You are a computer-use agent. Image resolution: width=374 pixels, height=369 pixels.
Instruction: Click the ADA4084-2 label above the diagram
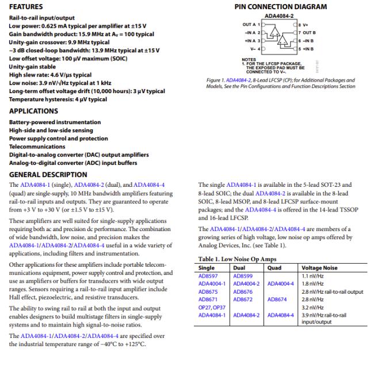pyautogui.click(x=278, y=17)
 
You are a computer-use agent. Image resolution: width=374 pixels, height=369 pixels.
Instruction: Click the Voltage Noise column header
pyautogui.click(x=320, y=267)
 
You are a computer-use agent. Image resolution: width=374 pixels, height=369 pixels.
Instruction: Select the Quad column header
pyautogui.click(x=275, y=267)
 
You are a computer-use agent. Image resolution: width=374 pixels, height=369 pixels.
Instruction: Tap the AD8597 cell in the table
pyautogui.click(x=209, y=275)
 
